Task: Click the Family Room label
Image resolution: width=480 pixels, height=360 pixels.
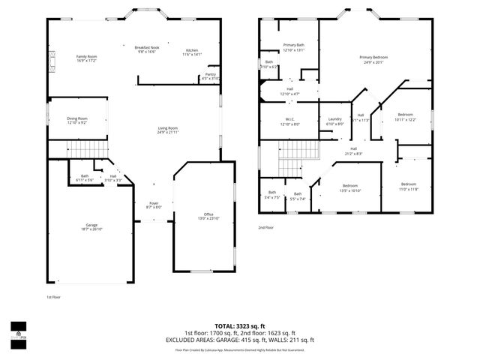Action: [86, 58]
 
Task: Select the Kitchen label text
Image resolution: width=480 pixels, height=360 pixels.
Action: [192, 52]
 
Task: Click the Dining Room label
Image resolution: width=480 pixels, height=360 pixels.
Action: [77, 120]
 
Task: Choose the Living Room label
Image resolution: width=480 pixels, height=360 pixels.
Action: [167, 130]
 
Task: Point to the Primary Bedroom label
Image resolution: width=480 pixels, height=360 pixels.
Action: [373, 60]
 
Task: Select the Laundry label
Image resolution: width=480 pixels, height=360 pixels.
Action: [335, 121]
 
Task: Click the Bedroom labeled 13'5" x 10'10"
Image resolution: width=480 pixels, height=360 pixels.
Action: [350, 187]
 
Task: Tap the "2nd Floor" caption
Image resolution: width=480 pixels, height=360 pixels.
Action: [266, 227]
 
